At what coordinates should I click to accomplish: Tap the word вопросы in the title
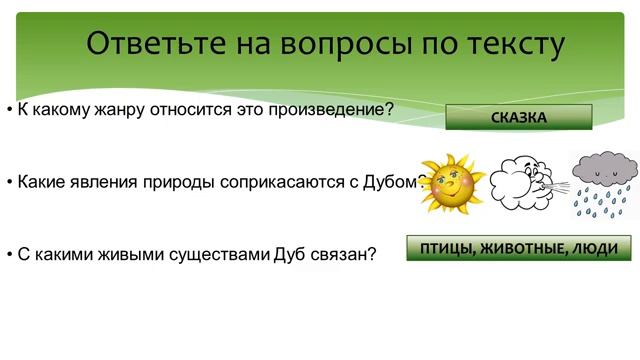pyautogui.click(x=352, y=45)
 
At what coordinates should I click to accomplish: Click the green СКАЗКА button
pyautogui.click(x=518, y=118)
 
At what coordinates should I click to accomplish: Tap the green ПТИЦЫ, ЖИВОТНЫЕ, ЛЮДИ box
pyautogui.click(x=519, y=248)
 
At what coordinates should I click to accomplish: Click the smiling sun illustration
pyautogui.click(x=449, y=181)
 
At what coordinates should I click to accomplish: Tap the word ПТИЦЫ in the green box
pyautogui.click(x=447, y=248)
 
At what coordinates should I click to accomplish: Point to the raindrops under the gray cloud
pyautogui.click(x=603, y=200)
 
